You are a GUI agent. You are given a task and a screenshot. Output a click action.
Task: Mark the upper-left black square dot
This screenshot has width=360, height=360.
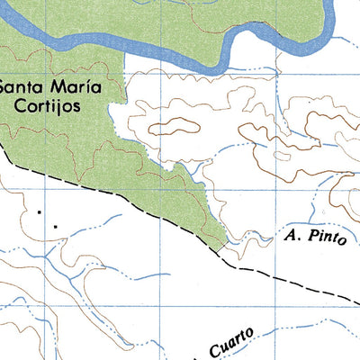point(40,212)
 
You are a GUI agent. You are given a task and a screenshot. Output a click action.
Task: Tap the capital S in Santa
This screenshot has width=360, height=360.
point(5,88)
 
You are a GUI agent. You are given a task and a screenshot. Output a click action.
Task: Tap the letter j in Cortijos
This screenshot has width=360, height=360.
point(67,106)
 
